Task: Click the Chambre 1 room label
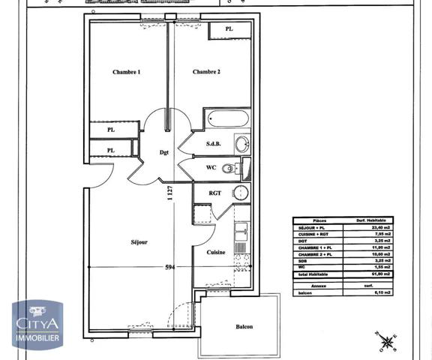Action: pos(127,72)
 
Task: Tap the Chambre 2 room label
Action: pos(206,72)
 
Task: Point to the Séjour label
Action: pos(139,242)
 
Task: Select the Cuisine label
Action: pos(216,253)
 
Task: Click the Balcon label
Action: pos(244,327)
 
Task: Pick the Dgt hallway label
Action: pos(164,152)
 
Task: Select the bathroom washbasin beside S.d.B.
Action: pos(241,143)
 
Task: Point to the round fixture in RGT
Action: pos(240,192)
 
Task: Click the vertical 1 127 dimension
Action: pos(170,193)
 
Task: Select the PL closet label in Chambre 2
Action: pos(229,29)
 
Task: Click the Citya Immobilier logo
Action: pos(37,324)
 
